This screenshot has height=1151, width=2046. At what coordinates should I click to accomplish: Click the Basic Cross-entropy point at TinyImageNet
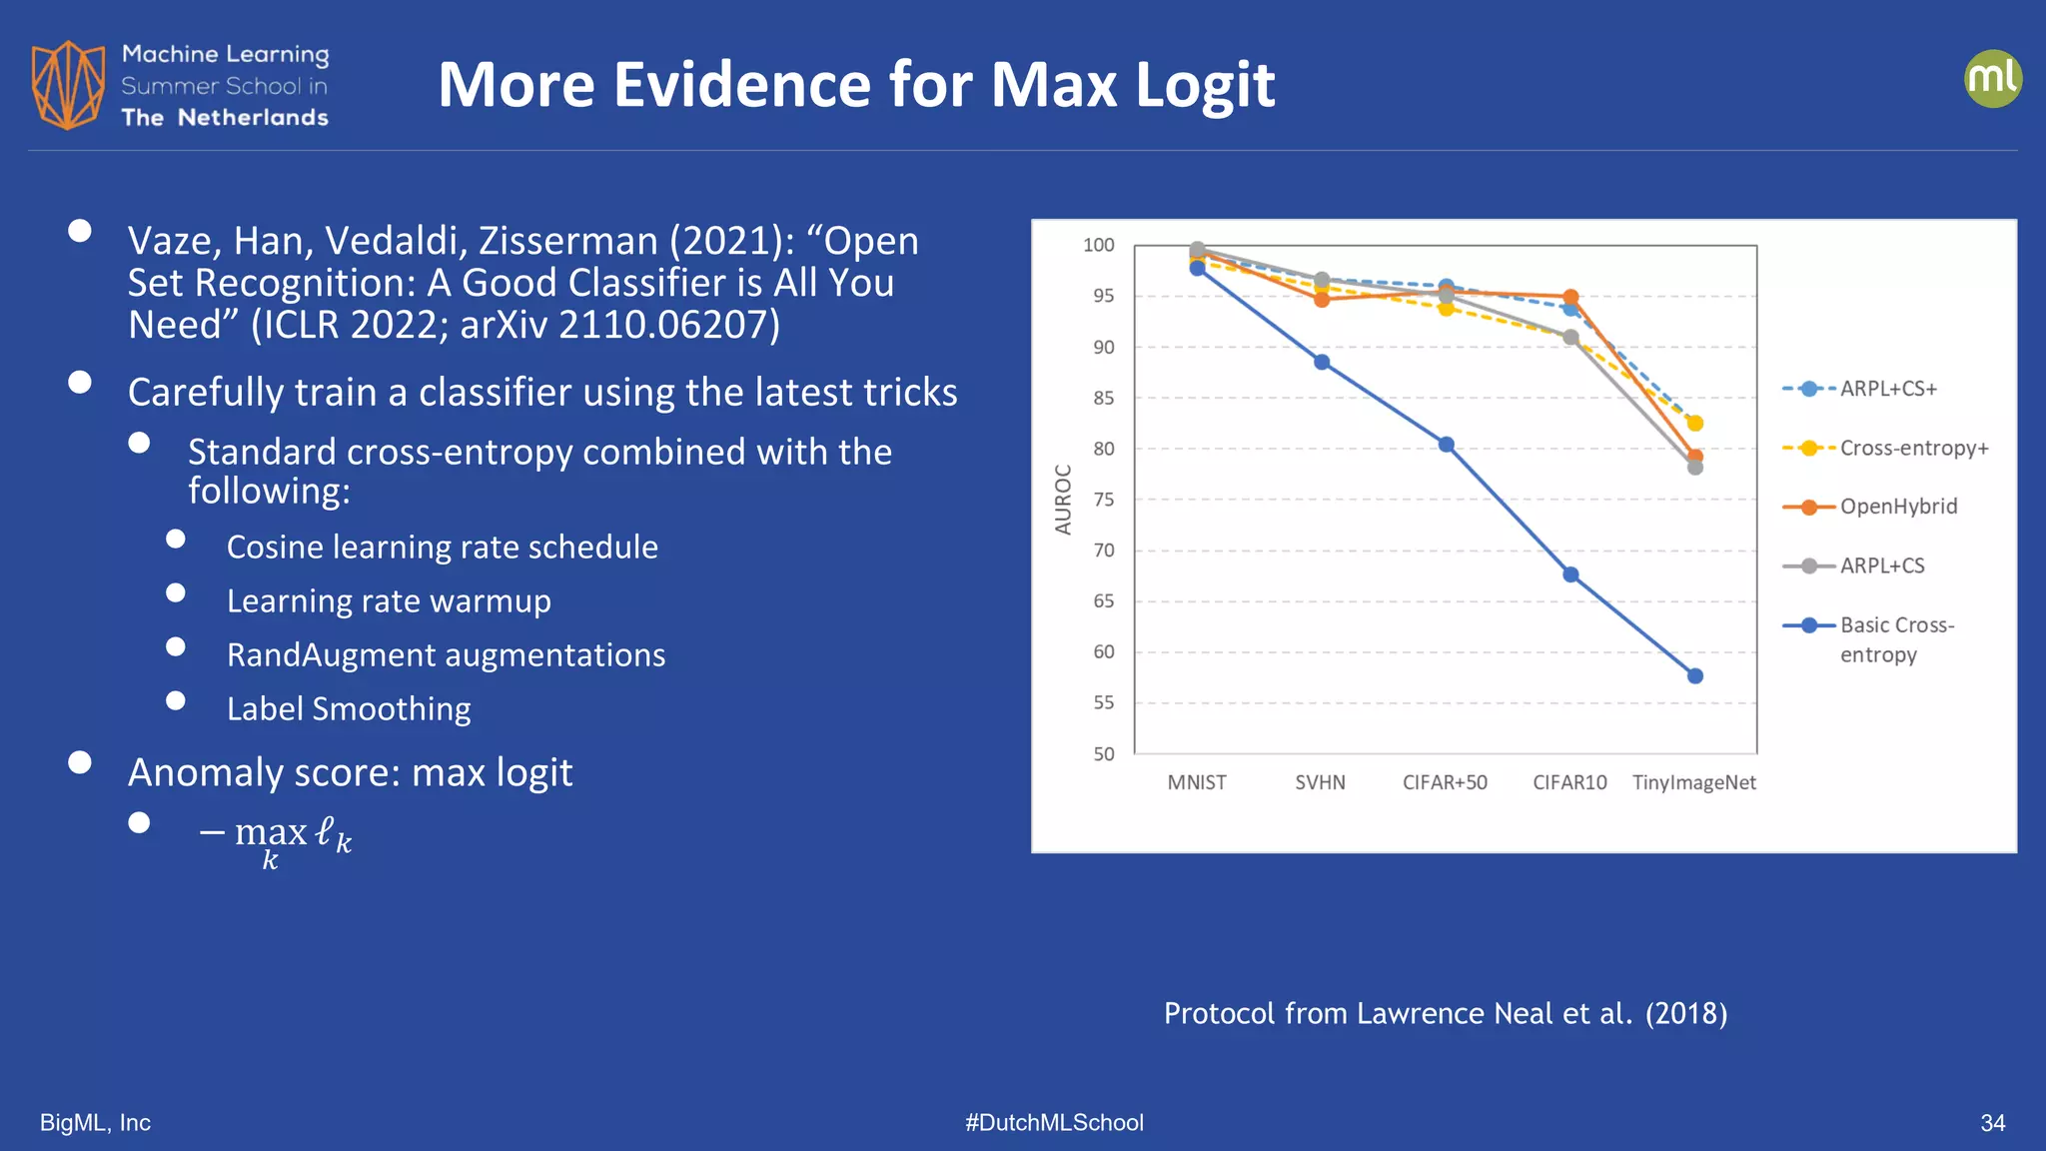[x=1694, y=676]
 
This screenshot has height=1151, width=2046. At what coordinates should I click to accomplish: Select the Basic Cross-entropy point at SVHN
[x=1322, y=362]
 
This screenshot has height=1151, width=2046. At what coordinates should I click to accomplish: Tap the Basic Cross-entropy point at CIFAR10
[x=1570, y=575]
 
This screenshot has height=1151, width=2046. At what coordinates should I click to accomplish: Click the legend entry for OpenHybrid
[x=1897, y=507]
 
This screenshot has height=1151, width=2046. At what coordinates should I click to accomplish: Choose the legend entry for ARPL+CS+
[x=1887, y=389]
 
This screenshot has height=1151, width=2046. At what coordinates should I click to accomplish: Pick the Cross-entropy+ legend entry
[x=1913, y=448]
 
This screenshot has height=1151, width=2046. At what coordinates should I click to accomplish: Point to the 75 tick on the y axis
[x=1103, y=500]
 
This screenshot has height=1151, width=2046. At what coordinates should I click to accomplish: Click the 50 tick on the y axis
[x=1103, y=754]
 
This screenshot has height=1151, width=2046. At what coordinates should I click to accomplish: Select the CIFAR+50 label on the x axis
[x=1445, y=782]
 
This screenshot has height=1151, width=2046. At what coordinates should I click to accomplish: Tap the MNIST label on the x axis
[x=1197, y=782]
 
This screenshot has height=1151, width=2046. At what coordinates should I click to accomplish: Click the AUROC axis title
[x=1063, y=499]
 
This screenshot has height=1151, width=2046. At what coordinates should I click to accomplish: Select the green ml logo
[x=1992, y=79]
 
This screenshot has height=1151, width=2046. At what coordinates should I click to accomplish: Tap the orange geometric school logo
[x=68, y=85]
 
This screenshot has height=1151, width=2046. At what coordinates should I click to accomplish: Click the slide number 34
[x=1992, y=1123]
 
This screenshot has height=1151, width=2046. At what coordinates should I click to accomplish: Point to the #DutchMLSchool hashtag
[x=1054, y=1123]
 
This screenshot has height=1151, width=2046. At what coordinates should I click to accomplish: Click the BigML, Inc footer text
[x=95, y=1123]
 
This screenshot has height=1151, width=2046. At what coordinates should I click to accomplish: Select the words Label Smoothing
[x=349, y=708]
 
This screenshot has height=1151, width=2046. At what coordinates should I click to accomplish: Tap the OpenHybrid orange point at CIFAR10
[x=1570, y=298]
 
